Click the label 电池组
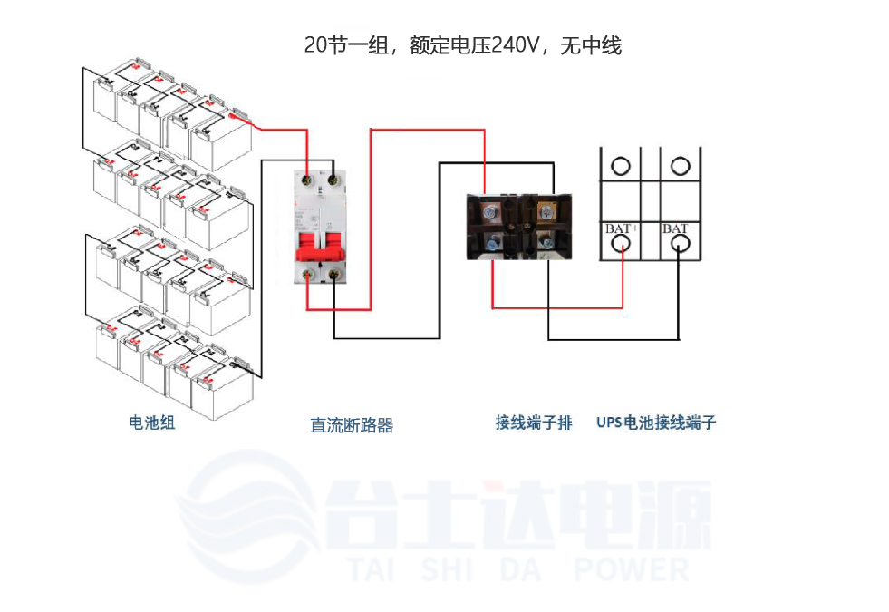coord(152,423)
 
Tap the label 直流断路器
coord(352,425)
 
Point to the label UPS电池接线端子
coord(656,423)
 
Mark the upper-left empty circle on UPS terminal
coord(621,166)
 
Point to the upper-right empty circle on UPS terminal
coord(680,166)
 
